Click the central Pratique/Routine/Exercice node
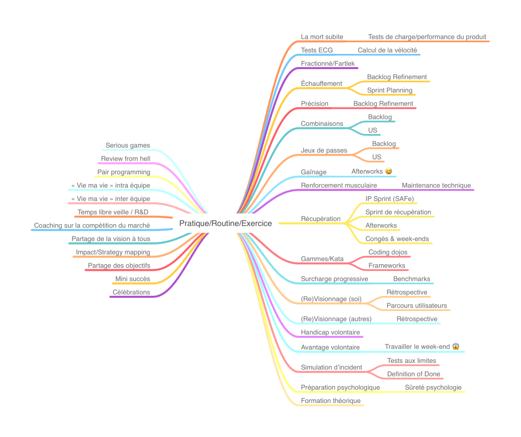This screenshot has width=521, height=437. pyautogui.click(x=225, y=223)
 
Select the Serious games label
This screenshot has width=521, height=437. pyautogui.click(x=128, y=145)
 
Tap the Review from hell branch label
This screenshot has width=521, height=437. pyautogui.click(x=125, y=159)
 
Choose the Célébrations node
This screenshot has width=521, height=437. pyautogui.click(x=131, y=292)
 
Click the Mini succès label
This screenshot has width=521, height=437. pyautogui.click(x=132, y=278)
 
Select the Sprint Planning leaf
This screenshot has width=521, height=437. pyautogui.click(x=390, y=90)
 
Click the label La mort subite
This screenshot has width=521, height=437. pyautogui.click(x=322, y=37)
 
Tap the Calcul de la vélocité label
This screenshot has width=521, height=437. pyautogui.click(x=387, y=50)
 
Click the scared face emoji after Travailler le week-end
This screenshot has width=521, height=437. pyautogui.click(x=456, y=347)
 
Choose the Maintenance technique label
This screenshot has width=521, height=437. pyautogui.click(x=436, y=185)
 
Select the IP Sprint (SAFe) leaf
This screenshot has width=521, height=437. pyautogui.click(x=390, y=198)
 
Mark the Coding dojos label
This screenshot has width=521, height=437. pyautogui.click(x=388, y=252)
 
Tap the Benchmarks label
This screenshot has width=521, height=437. pyautogui.click(x=411, y=279)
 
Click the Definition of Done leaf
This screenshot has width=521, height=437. pyautogui.click(x=414, y=374)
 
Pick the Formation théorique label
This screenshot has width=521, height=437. pyautogui.click(x=331, y=400)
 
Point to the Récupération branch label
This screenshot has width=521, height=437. pyautogui.click(x=321, y=218)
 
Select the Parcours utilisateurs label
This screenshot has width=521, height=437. pyautogui.click(x=417, y=305)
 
